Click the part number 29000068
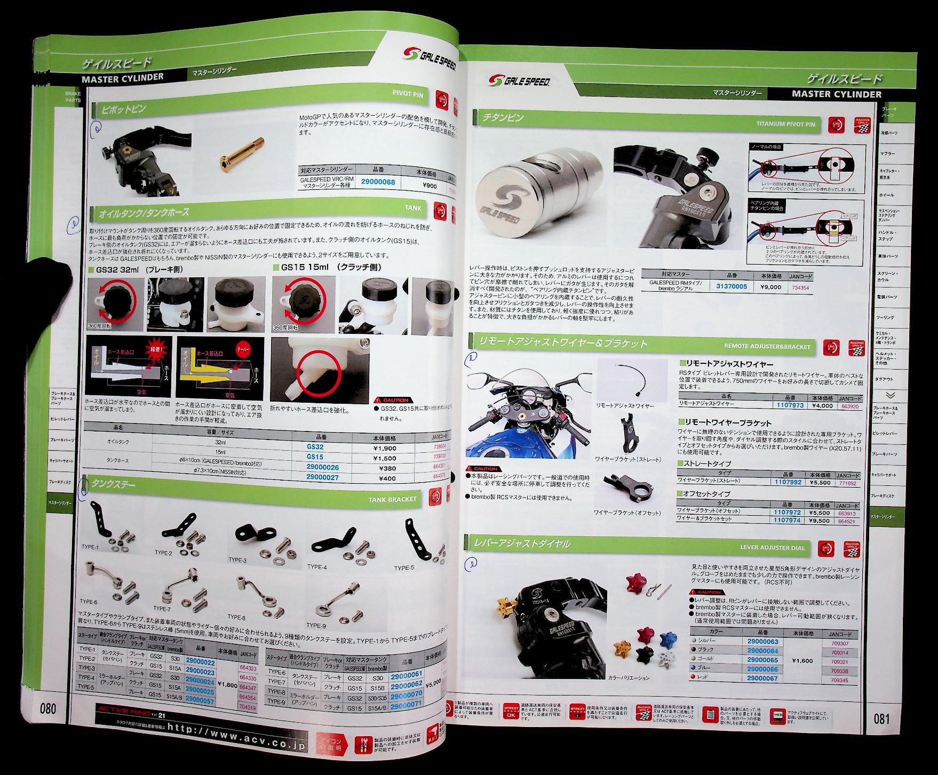(x=378, y=182)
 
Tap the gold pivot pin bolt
(x=241, y=158)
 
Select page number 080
(x=47, y=708)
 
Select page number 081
(x=881, y=718)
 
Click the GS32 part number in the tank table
(x=315, y=448)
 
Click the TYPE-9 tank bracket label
(x=315, y=625)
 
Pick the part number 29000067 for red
(x=762, y=678)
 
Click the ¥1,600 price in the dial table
(x=802, y=660)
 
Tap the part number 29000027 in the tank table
(x=323, y=477)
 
